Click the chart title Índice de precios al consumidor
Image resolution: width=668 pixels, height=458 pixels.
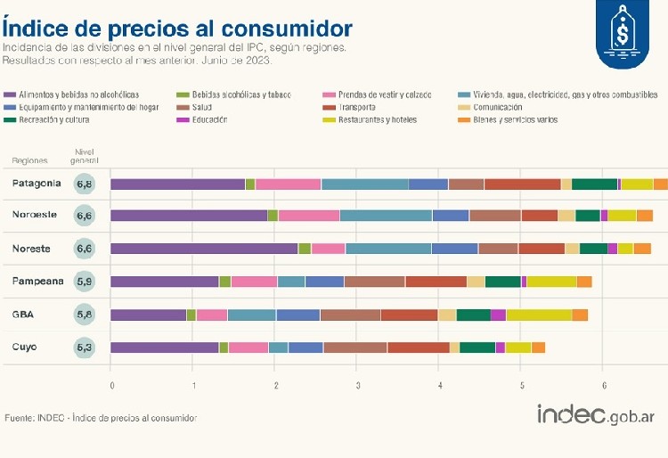click(x=177, y=28)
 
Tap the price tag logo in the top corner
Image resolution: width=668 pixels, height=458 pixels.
click(x=622, y=35)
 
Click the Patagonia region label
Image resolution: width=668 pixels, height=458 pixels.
click(x=37, y=184)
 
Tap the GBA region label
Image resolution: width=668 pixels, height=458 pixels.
click(x=24, y=314)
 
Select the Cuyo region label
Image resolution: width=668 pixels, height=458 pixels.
click(x=25, y=347)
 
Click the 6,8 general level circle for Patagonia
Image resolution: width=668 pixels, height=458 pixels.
click(x=86, y=184)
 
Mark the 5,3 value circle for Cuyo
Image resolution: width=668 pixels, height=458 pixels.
click(x=86, y=348)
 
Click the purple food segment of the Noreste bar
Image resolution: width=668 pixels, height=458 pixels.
click(x=204, y=249)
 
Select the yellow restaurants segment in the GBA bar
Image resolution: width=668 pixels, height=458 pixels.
click(x=539, y=315)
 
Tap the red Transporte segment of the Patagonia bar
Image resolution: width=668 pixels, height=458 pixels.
click(x=522, y=184)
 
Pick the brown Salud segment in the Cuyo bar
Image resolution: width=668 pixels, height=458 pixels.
click(x=354, y=348)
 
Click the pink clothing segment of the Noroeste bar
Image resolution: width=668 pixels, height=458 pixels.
click(x=308, y=216)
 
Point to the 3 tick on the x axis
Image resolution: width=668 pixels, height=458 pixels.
click(x=358, y=385)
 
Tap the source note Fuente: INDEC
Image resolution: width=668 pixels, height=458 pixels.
click(x=101, y=418)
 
